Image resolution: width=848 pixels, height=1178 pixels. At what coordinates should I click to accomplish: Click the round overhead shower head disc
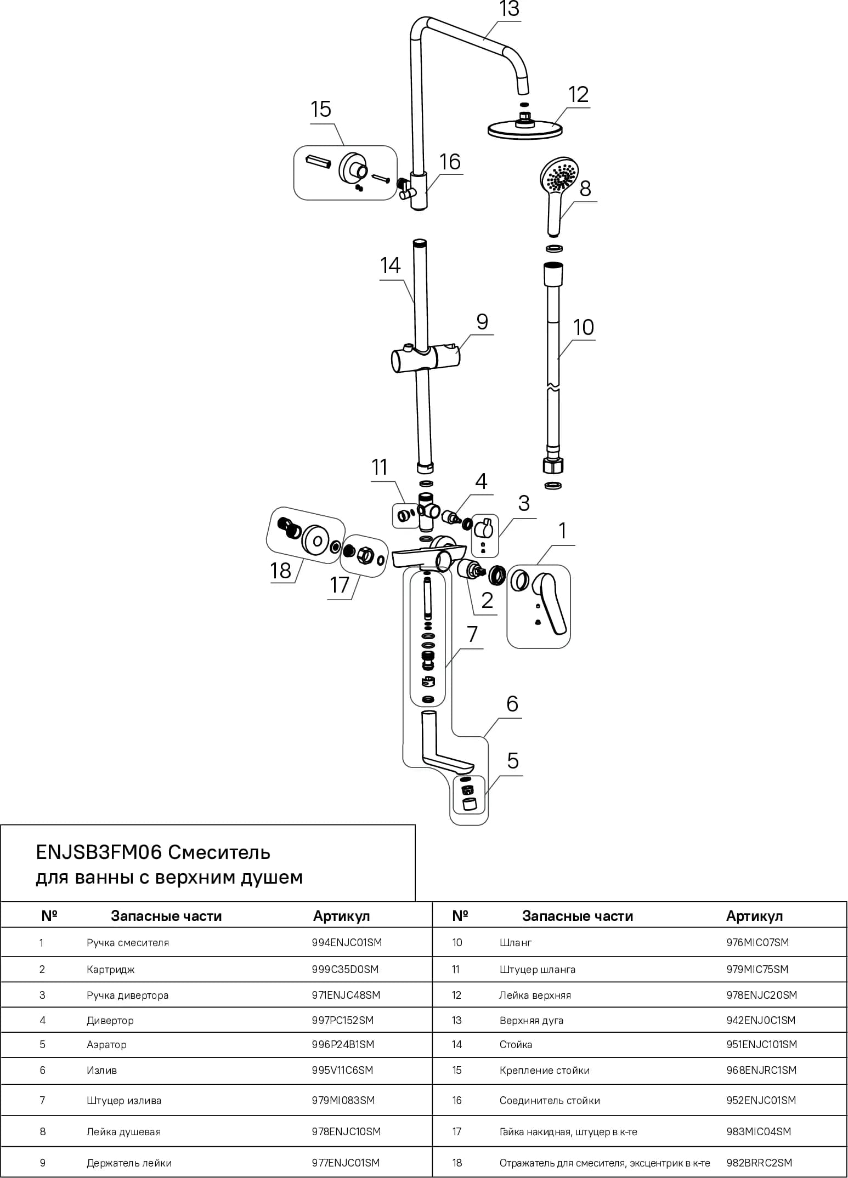point(525,129)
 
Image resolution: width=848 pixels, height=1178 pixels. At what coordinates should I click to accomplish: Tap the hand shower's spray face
point(558,174)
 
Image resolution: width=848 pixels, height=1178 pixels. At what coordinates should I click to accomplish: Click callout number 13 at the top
point(509,9)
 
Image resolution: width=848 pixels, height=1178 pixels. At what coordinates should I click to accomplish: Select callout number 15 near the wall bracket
point(321,110)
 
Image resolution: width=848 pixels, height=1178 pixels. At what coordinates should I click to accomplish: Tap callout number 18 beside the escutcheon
point(281,571)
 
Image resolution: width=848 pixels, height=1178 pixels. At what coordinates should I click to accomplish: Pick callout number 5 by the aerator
point(513,761)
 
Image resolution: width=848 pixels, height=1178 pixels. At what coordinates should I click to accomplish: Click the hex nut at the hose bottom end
point(553,466)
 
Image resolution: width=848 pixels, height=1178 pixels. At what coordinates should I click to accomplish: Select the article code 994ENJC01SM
point(347,943)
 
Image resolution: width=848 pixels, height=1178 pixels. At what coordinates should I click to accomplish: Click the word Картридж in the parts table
point(110,969)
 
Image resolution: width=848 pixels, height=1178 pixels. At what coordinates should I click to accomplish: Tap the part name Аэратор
point(106,1045)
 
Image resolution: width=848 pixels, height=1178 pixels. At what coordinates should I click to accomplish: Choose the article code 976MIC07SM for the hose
point(757,943)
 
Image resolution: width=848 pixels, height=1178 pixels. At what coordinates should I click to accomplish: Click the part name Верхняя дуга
point(532,1021)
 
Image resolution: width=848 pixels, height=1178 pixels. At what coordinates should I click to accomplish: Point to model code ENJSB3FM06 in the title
point(99,852)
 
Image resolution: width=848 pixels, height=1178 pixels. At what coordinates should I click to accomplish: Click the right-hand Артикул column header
point(754,916)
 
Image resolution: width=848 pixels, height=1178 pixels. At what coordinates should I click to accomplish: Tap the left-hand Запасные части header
point(166,916)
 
